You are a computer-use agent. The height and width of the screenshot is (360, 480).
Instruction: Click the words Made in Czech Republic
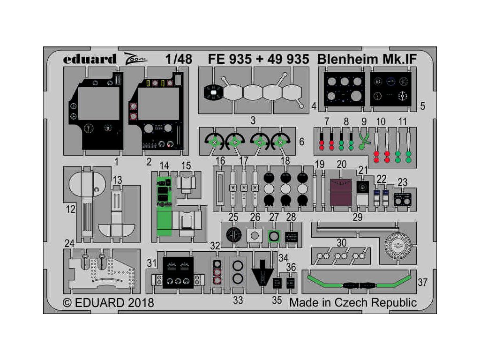click(x=352, y=302)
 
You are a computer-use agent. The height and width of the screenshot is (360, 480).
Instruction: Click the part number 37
click(x=422, y=283)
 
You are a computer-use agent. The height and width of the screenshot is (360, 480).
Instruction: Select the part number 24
click(x=69, y=243)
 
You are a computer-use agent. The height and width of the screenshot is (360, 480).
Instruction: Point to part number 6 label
click(x=301, y=141)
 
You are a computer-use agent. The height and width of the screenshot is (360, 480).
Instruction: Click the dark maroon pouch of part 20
click(x=341, y=193)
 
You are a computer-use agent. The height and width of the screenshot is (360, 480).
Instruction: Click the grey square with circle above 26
click(x=254, y=235)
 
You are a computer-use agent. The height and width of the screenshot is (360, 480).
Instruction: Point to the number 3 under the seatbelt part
click(x=253, y=121)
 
